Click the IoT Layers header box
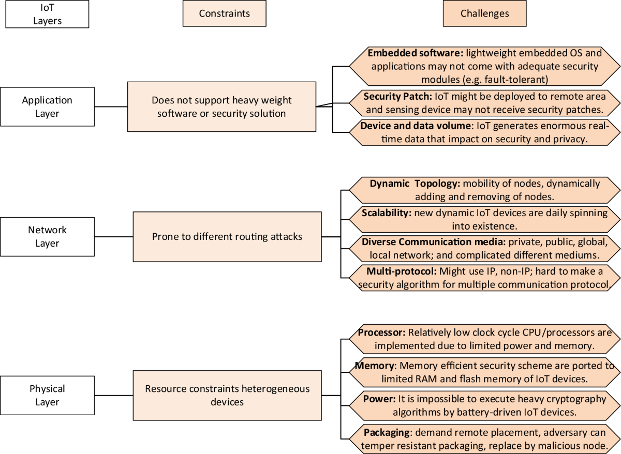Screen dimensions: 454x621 tap(47, 14)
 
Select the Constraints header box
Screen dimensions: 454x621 tap(224, 14)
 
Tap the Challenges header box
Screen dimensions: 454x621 tap(484, 14)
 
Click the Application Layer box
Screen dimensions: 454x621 tap(47, 107)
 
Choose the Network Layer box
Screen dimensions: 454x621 tap(47, 236)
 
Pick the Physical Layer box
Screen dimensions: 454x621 tap(47, 395)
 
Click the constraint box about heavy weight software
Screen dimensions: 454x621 tap(221, 107)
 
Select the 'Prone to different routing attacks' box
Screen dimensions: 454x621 tap(227, 236)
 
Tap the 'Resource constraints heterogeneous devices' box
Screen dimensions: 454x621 tap(227, 395)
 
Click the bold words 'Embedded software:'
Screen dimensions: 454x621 tap(415, 53)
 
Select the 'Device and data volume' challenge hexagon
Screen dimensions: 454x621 tap(484, 133)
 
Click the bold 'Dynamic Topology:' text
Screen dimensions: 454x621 tap(415, 184)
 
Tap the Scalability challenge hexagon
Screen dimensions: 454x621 tap(484, 219)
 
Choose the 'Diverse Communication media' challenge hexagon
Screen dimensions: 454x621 tap(484, 249)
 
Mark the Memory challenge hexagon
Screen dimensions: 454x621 tap(484, 372)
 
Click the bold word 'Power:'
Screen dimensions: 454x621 tap(379, 399)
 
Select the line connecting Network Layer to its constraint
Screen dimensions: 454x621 tap(114, 237)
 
